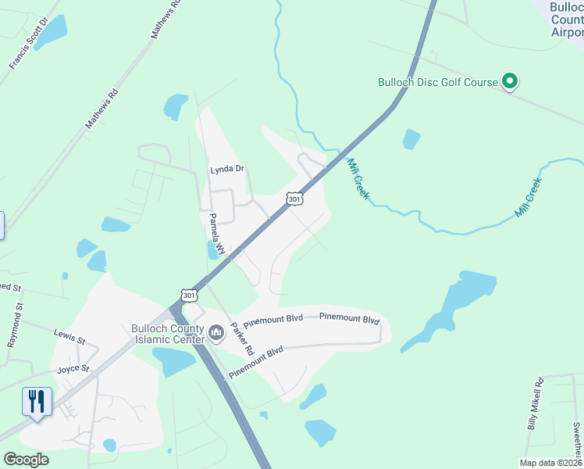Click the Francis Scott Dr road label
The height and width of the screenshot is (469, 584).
point(29,42)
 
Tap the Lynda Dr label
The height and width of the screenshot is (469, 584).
point(227,169)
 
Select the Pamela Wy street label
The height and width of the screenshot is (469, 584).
point(215,234)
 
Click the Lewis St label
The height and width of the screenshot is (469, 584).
point(70,335)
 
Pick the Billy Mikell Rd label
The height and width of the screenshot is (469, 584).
point(535,405)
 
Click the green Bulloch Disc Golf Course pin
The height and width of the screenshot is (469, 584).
point(510,81)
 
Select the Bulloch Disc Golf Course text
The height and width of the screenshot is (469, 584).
point(437,81)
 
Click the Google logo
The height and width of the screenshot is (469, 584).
point(26,460)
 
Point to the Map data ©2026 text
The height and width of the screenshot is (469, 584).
point(551,462)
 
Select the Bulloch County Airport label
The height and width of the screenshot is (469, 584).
point(566,20)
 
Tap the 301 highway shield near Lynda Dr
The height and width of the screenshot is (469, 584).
point(294,199)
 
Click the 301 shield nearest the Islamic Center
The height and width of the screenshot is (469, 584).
point(188,295)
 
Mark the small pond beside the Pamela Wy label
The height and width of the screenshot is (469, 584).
point(212,250)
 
